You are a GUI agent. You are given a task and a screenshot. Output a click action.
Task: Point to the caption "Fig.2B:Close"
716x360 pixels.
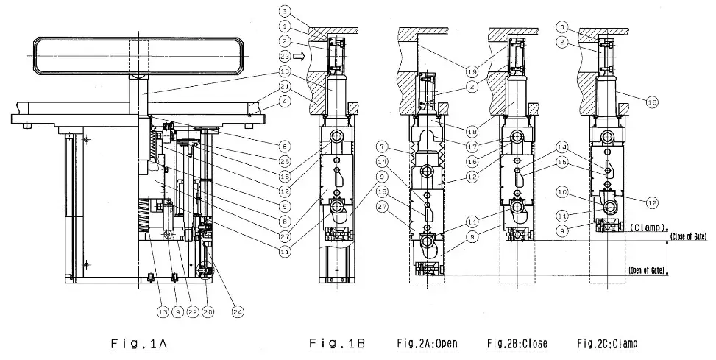518,343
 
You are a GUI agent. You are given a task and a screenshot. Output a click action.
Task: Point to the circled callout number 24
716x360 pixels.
239,311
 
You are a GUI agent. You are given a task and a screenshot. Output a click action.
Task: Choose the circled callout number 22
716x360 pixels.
193,311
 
